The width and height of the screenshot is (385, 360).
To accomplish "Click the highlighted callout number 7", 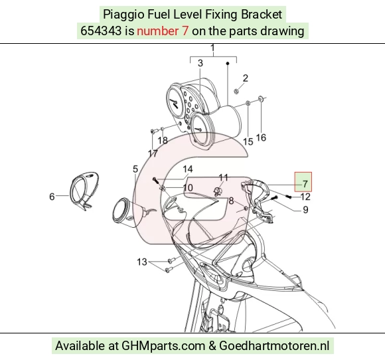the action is [x=305, y=183].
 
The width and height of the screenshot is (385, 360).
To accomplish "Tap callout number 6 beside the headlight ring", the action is [x=52, y=197].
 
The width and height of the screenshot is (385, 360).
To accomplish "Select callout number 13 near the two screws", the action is [x=142, y=262].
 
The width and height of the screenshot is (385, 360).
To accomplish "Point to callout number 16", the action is [x=261, y=137].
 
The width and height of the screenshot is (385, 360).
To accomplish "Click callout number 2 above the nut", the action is [x=246, y=78].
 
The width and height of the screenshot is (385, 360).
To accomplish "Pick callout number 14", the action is [x=188, y=169].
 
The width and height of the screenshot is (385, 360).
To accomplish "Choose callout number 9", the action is [x=305, y=210].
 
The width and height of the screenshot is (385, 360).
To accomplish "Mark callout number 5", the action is [x=135, y=169].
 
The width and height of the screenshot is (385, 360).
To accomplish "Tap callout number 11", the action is [x=224, y=177].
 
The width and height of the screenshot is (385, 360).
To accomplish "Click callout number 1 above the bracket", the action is [x=212, y=48].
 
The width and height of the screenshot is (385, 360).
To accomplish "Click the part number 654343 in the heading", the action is [x=101, y=31].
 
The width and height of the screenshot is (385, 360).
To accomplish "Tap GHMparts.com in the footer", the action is [x=163, y=346].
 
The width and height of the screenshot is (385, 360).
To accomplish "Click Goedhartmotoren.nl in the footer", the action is [x=274, y=345].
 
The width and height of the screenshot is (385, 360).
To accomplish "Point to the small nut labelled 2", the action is [x=236, y=92].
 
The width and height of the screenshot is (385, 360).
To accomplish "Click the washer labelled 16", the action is [x=260, y=99].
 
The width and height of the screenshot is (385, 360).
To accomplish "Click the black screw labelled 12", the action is [x=289, y=196].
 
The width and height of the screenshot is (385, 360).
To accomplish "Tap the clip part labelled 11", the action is [x=217, y=191].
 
